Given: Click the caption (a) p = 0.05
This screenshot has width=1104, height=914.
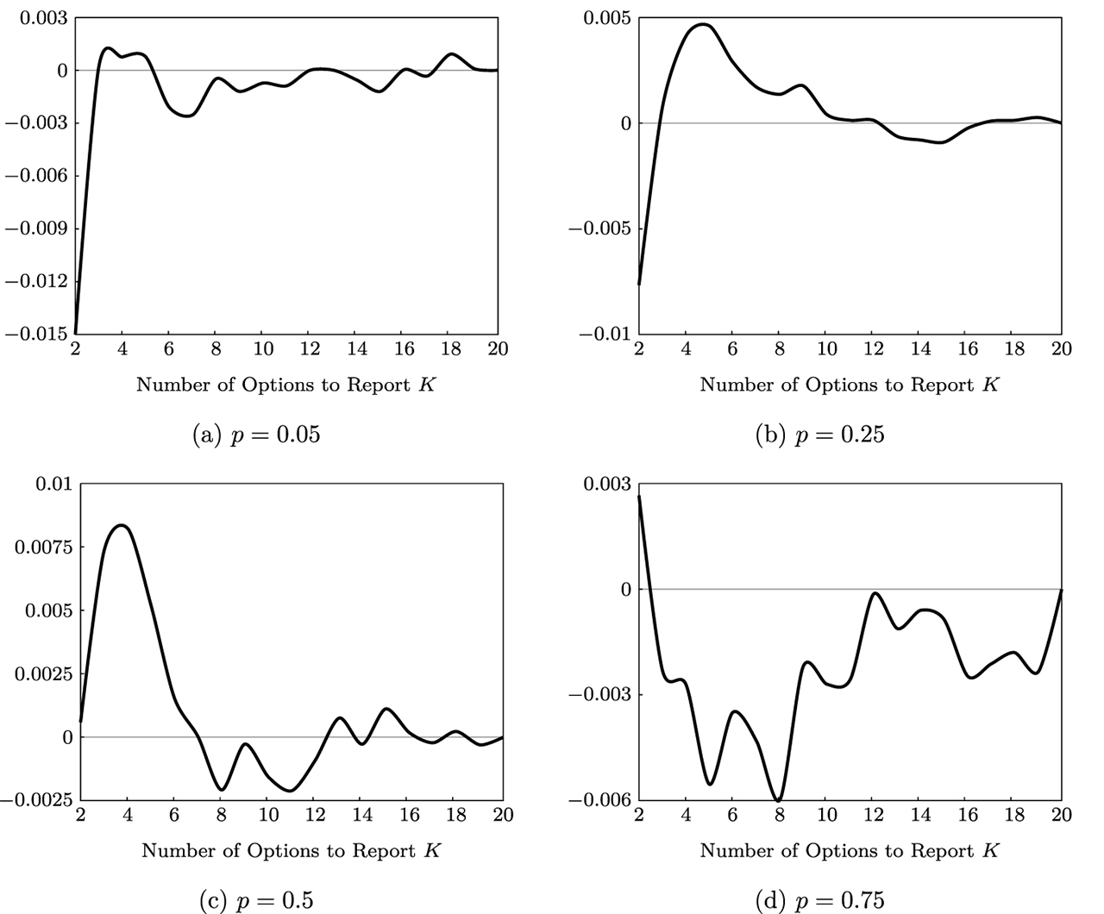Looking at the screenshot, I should tap(255, 435).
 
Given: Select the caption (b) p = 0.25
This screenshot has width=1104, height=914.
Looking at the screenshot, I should tap(819, 435).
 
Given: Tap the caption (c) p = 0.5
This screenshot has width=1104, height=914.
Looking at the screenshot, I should tap(256, 900).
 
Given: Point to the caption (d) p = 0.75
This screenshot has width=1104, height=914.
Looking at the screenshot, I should tap(819, 900).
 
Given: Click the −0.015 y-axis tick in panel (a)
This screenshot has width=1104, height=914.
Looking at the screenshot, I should tap(37, 334).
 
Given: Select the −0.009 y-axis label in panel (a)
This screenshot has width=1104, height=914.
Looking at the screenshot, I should tap(37, 228).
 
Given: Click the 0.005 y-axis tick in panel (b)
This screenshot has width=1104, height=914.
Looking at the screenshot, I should tap(607, 18).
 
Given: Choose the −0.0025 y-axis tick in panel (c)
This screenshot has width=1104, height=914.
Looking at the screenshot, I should tap(37, 800).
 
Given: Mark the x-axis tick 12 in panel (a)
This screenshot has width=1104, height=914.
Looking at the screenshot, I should tap(310, 349).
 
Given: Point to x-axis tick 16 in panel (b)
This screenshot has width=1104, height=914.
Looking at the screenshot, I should tap(968, 349).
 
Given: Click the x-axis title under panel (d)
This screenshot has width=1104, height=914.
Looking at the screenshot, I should tap(849, 851).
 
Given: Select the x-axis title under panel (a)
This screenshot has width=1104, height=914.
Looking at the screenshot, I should tap(285, 385).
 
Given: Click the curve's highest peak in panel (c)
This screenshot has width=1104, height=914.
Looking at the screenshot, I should tap(122, 525).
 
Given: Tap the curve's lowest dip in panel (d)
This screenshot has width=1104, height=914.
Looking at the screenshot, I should tap(779, 800).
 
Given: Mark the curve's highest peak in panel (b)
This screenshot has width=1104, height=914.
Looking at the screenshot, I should tap(704, 24).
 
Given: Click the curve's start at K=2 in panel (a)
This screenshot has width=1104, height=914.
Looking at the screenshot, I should tap(76, 332).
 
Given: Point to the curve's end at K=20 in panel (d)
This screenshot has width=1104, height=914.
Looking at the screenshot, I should tap(1061, 590).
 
